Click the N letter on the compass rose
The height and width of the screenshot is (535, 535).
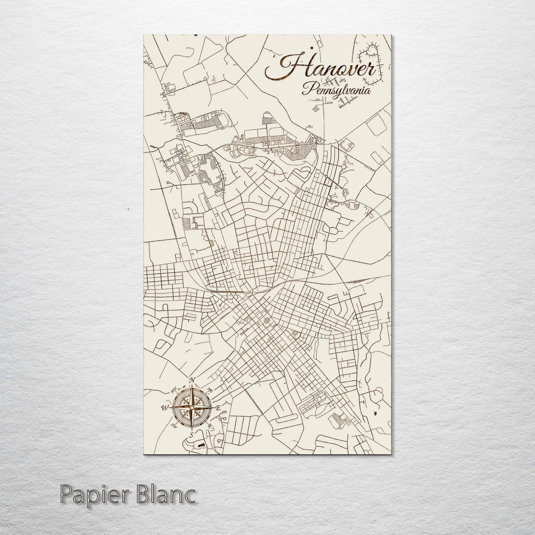(x=193, y=380)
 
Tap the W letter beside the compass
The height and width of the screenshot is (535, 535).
(x=164, y=407)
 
